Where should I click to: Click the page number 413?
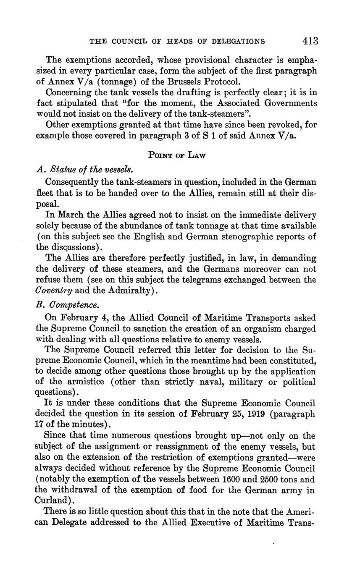[x=310, y=41]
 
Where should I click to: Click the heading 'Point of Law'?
[x=176, y=155]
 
